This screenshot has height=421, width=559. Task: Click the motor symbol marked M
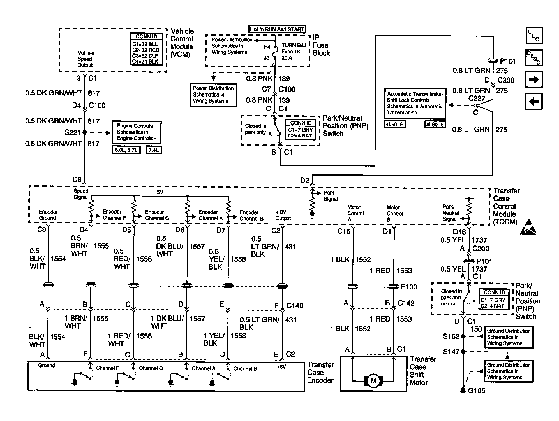[373, 381]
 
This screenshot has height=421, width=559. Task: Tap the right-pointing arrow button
[533, 80]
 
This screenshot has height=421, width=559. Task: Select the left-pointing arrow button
[533, 101]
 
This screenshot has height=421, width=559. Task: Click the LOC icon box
[534, 36]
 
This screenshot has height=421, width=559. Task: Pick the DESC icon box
[534, 58]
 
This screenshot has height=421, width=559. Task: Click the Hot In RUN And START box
[277, 29]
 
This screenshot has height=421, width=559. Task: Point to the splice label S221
[72, 132]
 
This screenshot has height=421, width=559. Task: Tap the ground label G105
[476, 391]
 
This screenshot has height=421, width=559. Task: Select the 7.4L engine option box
[154, 150]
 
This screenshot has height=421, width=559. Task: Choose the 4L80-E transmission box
[435, 125]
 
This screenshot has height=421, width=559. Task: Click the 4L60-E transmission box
[395, 125]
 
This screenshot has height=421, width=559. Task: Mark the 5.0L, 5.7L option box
[126, 150]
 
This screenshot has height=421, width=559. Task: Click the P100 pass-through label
[409, 287]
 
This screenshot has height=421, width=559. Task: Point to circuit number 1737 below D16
[479, 240]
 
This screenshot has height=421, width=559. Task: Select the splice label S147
[451, 352]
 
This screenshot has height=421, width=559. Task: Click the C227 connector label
[477, 99]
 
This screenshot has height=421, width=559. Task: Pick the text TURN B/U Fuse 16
[293, 48]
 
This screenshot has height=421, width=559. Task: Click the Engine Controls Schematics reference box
[137, 132]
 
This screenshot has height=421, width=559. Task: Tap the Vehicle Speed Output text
[86, 59]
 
